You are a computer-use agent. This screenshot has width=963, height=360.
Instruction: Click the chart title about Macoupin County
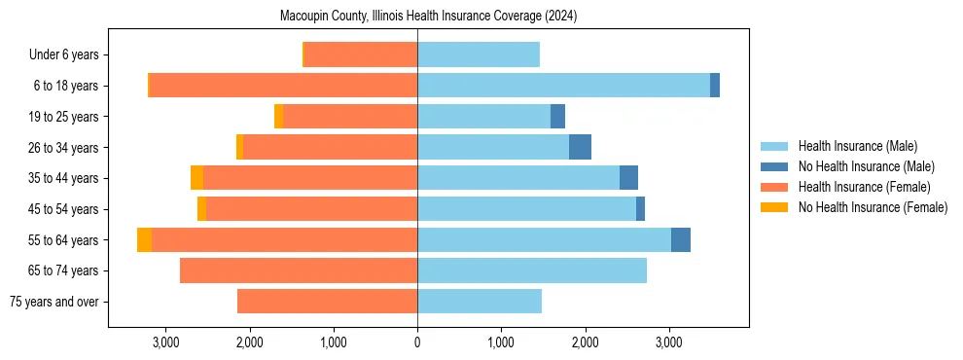tap(429, 17)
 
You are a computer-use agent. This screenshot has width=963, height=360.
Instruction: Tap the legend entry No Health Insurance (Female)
tap(873, 207)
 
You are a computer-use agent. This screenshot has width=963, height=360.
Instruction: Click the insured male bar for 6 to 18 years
tap(563, 86)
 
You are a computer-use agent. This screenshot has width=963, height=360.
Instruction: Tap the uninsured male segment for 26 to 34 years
tap(580, 147)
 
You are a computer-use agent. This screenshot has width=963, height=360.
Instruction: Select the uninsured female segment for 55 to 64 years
tap(144, 240)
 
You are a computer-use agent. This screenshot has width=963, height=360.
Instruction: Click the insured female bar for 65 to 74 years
tap(299, 270)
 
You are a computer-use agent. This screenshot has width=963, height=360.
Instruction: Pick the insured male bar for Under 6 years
tap(478, 55)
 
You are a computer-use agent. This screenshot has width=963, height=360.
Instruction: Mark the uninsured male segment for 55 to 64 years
tap(681, 240)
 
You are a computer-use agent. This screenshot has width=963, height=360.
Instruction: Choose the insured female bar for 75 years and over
tap(327, 302)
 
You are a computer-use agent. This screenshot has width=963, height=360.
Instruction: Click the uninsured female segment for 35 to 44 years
tap(196, 178)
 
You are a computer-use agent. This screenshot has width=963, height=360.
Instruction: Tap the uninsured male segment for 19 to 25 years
tap(557, 117)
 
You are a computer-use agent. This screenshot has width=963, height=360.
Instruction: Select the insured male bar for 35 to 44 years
tap(518, 178)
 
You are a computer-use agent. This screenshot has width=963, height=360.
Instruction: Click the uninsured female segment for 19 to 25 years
tap(278, 117)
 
